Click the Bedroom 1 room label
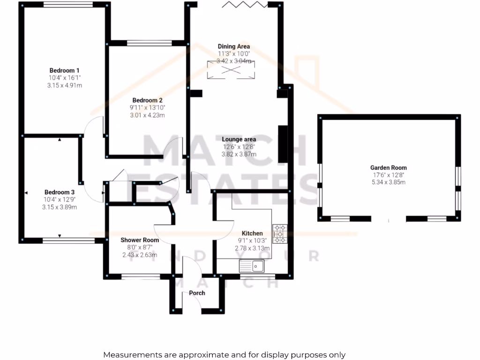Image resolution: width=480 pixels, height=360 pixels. (64, 70)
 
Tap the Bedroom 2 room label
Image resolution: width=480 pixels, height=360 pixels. (147, 100)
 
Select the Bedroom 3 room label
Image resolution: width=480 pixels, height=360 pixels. (60, 192)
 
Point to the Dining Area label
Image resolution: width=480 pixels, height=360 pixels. (233, 46)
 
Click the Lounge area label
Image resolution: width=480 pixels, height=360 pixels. (239, 139)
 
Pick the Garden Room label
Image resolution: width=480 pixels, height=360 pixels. (388, 167)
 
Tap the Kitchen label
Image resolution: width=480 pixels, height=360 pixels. (252, 233)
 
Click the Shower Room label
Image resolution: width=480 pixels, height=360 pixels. (140, 240)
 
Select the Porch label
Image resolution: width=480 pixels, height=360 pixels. (197, 293)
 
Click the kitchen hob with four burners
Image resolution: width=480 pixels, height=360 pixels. (280, 233)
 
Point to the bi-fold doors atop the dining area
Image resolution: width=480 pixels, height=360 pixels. (244, 5)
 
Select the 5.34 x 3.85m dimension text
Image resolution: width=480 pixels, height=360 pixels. (388, 182)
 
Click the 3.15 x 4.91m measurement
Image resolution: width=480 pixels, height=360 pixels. (64, 85)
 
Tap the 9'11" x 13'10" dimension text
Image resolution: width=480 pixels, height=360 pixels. (147, 108)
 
